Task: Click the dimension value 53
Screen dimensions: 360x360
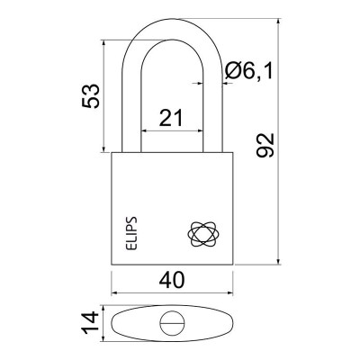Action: [90, 96]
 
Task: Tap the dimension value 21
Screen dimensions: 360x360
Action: [171, 118]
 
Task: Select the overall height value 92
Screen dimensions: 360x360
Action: [265, 145]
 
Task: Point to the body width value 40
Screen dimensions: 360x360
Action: [172, 281]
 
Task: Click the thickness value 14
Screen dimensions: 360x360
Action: [90, 323]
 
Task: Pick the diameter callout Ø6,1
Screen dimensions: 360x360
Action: [249, 71]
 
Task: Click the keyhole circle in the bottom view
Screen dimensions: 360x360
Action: [172, 323]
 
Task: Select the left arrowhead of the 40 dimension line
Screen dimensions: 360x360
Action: [114, 293]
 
